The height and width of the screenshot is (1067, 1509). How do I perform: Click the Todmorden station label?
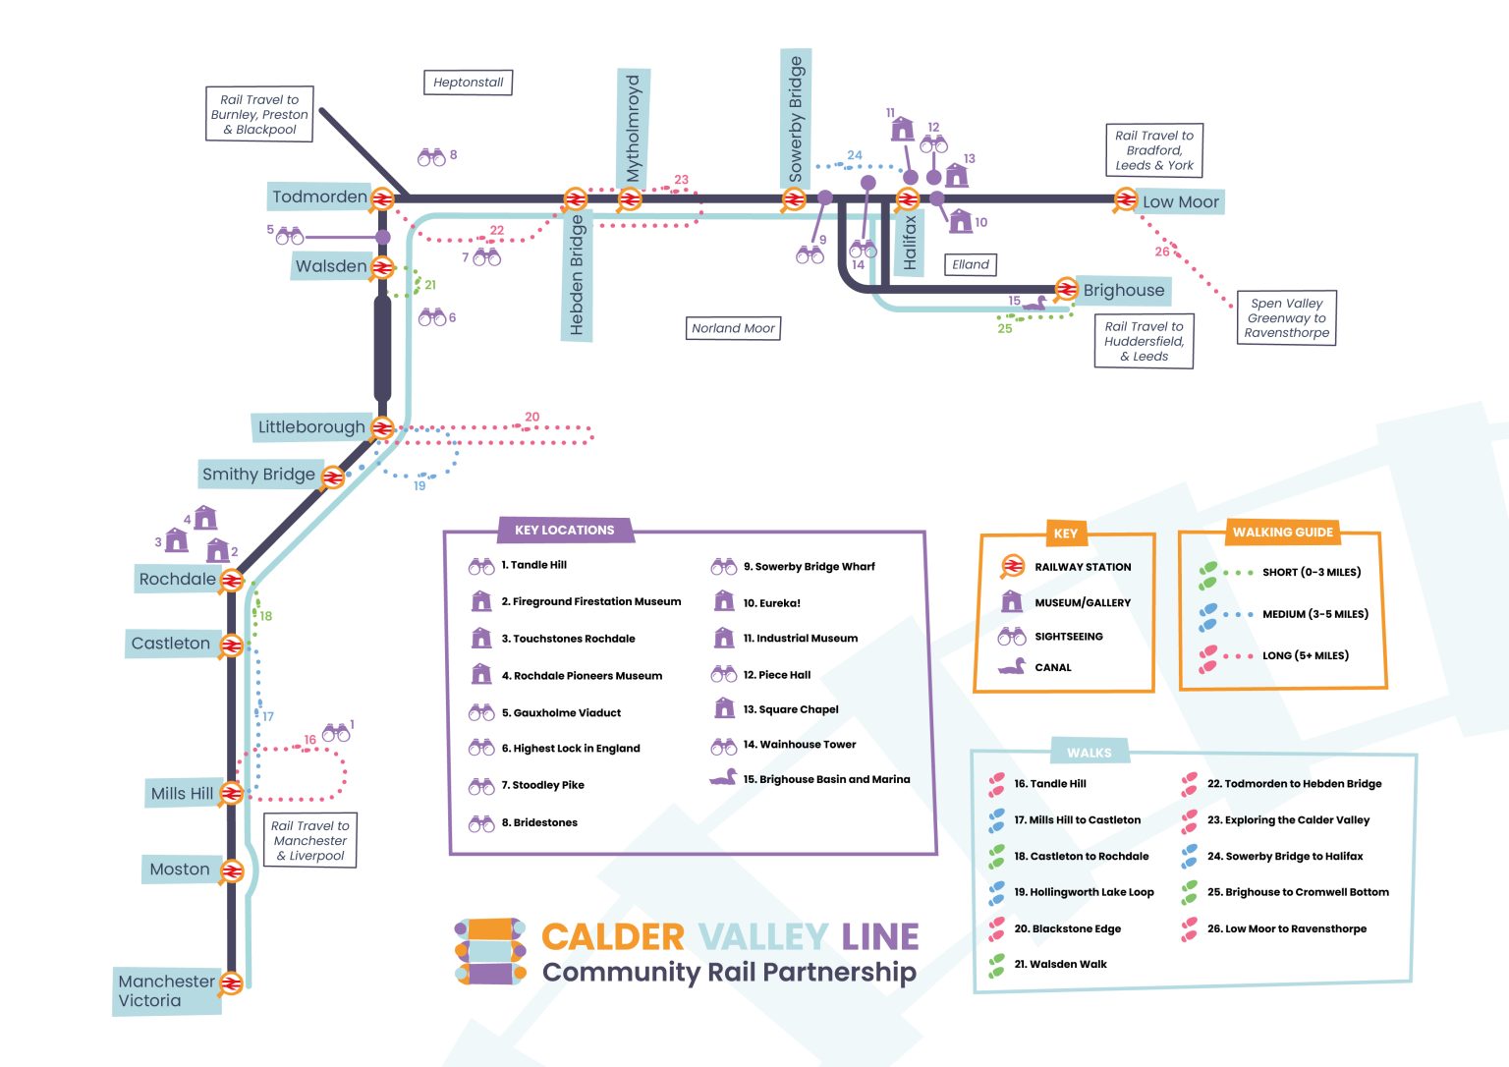319,197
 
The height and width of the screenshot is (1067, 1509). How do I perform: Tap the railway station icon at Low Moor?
1125,200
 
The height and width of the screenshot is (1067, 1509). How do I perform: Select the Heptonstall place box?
468,83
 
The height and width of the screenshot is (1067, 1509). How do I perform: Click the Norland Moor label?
733,328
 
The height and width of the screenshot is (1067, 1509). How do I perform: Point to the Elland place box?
970,264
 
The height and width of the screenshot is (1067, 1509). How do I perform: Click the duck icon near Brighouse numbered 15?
1034,304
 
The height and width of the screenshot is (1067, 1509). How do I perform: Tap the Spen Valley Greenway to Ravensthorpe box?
1286,318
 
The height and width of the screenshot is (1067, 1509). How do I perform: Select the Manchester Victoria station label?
165,990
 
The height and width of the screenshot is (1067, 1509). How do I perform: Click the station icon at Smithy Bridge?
333,477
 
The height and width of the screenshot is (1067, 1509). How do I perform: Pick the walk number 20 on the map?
531,417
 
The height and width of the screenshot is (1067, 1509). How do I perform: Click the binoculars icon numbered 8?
431,156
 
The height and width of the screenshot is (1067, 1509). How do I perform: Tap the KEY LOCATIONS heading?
564,530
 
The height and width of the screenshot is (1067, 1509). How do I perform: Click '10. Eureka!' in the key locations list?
771,603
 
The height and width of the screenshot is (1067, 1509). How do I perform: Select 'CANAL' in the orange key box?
1052,667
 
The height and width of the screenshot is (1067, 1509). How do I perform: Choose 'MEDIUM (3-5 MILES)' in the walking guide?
1314,614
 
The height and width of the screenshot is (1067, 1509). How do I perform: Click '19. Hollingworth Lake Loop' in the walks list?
1084,892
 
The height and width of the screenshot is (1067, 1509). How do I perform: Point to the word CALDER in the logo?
612,937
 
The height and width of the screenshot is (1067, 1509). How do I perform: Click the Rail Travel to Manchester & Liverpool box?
310,841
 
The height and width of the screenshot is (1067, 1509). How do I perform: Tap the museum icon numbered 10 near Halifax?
960,221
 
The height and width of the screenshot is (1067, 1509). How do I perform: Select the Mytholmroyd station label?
634,128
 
